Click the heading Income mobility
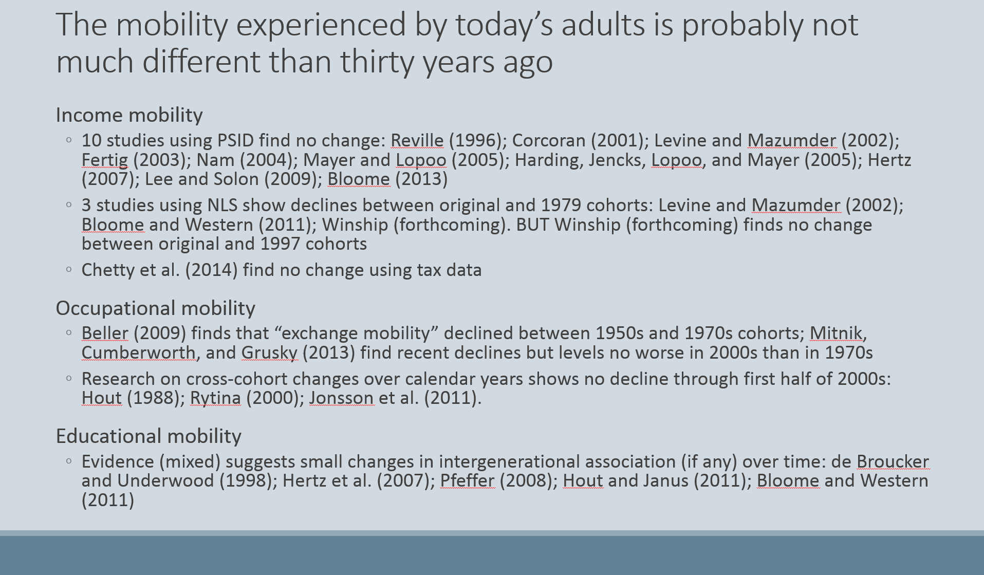(x=129, y=115)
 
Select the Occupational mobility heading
(x=156, y=308)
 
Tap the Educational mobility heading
(x=148, y=436)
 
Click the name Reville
(x=417, y=140)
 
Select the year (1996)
(x=475, y=140)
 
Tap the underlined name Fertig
(x=105, y=160)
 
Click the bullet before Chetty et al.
(x=69, y=269)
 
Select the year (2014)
(x=211, y=270)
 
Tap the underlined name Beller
(x=105, y=333)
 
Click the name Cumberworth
(x=139, y=353)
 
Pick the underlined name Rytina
(x=215, y=398)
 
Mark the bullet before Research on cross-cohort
(x=69, y=378)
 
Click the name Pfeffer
(x=467, y=480)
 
